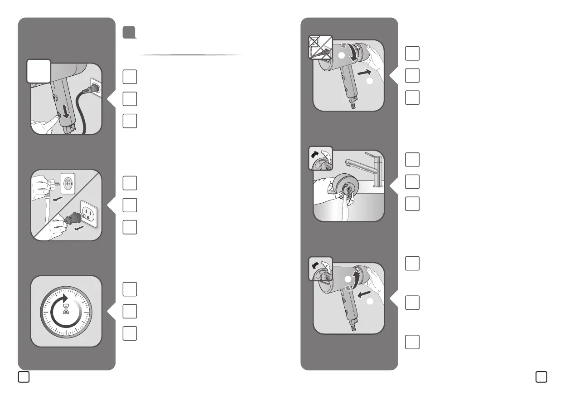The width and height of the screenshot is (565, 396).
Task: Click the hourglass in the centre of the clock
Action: (66, 310)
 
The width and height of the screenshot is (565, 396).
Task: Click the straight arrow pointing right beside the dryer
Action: (366, 72)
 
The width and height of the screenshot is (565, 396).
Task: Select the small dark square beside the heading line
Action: (129, 32)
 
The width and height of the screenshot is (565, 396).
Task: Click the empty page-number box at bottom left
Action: (24, 377)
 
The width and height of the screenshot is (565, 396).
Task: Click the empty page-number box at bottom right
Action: (541, 377)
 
